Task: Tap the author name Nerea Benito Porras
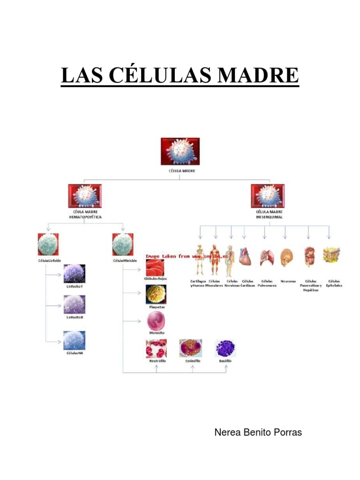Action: pyautogui.click(x=258, y=432)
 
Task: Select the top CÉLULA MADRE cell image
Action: pyautogui.click(x=180, y=151)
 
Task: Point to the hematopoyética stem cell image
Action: pyautogui.click(x=85, y=196)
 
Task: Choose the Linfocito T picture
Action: pyautogui.click(x=75, y=273)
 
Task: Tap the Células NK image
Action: pyautogui.click(x=75, y=340)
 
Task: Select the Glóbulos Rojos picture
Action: pyautogui.click(x=155, y=267)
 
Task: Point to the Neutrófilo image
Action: pyautogui.click(x=156, y=348)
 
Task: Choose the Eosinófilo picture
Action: pyautogui.click(x=191, y=348)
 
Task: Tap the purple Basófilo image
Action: pyautogui.click(x=225, y=349)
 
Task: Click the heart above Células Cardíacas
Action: pyautogui.click(x=245, y=257)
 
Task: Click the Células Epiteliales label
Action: pyautogui.click(x=334, y=283)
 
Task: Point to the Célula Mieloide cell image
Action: pyautogui.click(x=123, y=244)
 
